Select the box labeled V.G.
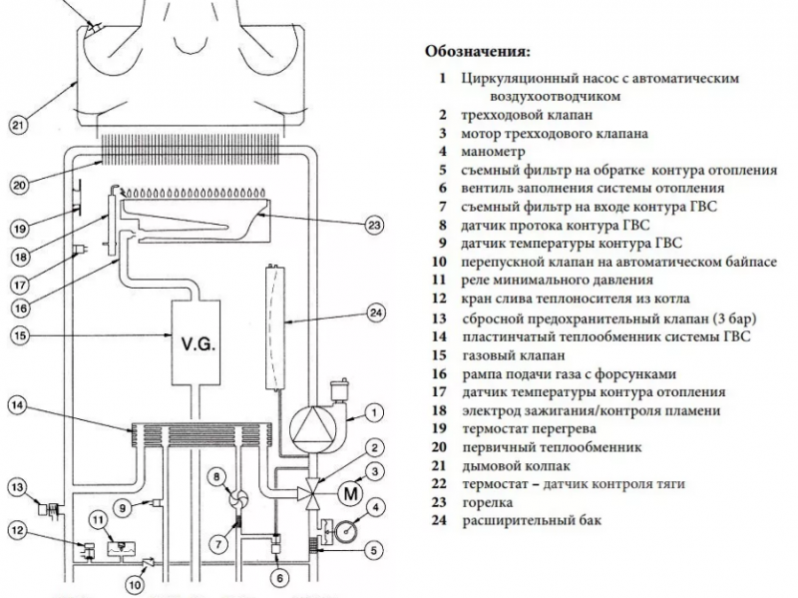pos(199,345)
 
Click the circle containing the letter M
pos(349,491)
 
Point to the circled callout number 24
pos(376,312)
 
